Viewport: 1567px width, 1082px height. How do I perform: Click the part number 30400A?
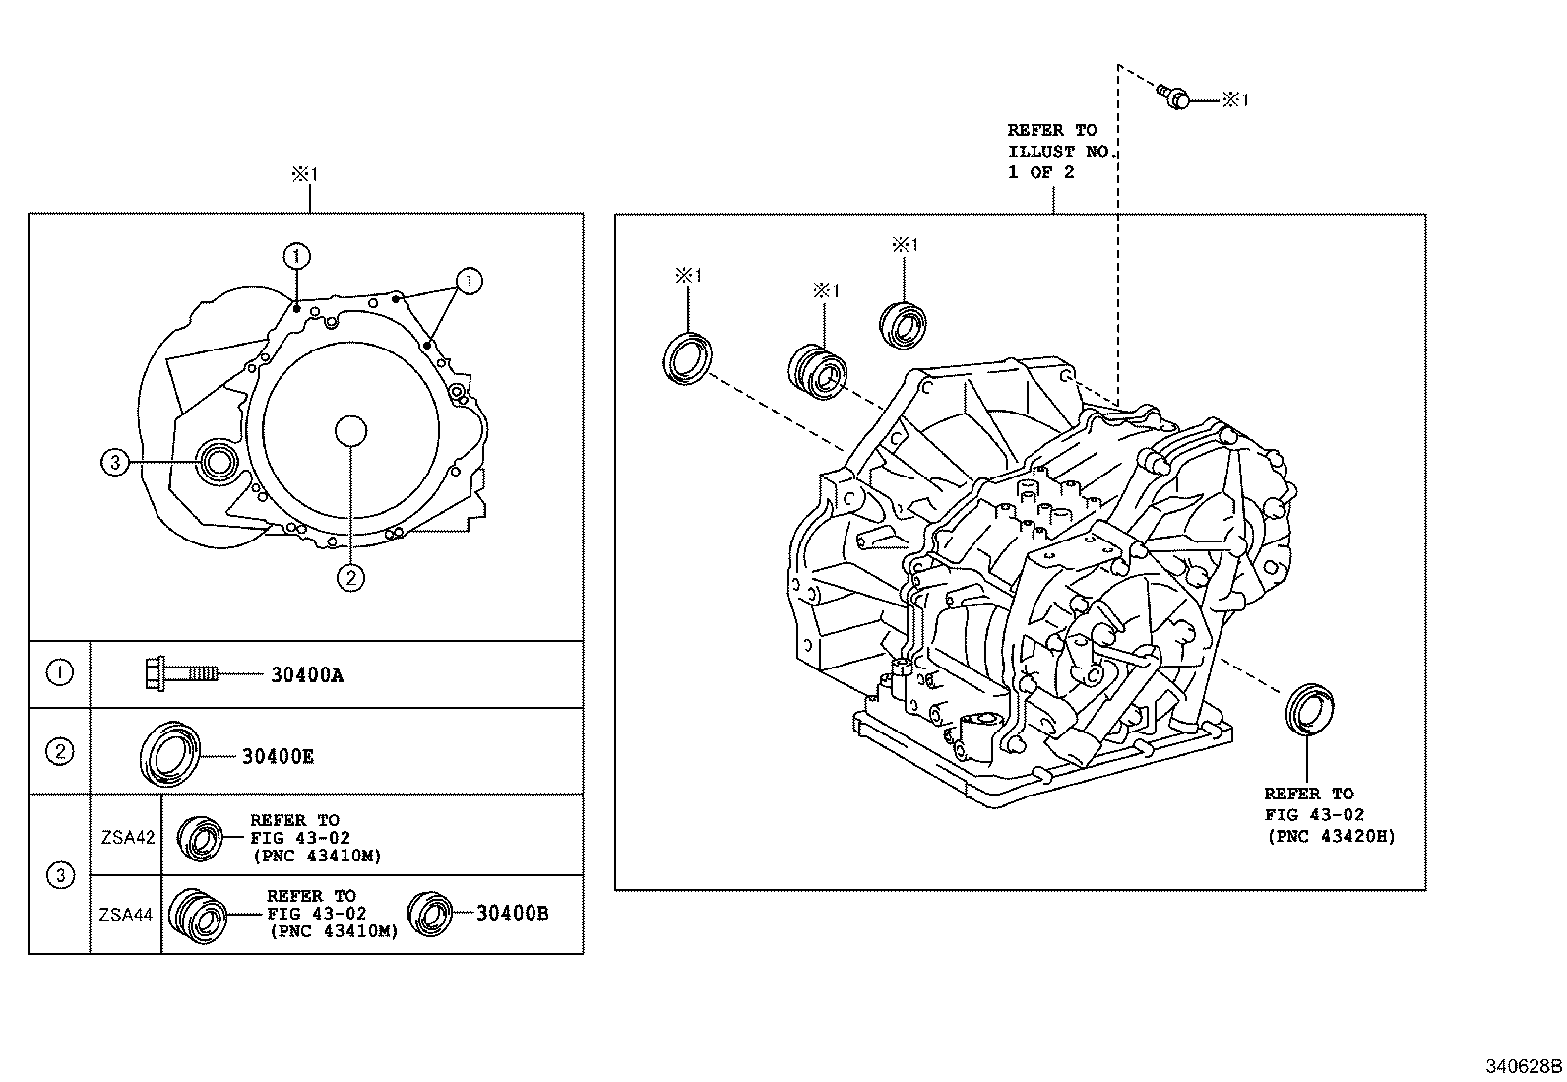[307, 675]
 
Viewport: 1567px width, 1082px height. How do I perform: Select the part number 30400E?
[278, 756]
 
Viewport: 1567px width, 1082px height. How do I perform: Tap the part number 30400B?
[512, 913]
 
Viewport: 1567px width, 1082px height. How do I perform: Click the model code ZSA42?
[127, 838]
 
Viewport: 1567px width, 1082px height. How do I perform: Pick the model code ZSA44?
[126, 914]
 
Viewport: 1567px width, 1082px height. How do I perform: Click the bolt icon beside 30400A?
[182, 673]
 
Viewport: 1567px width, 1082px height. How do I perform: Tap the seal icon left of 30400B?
[428, 913]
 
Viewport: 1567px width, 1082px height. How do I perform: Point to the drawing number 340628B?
[1524, 1065]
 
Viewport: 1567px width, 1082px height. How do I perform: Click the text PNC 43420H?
[1330, 837]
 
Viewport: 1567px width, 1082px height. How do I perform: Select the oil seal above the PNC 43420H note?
[1309, 706]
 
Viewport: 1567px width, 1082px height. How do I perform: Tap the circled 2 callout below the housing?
[350, 577]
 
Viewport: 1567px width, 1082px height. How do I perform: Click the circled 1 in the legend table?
[60, 673]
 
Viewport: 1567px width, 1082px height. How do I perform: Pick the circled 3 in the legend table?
[60, 875]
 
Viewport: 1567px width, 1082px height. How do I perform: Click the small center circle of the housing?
[350, 431]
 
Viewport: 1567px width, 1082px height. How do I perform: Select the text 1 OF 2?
[1041, 172]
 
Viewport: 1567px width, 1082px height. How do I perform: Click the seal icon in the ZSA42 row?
[200, 837]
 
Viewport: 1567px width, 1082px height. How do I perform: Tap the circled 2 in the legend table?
[60, 751]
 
